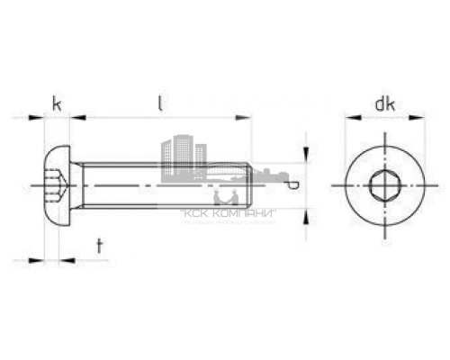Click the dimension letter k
tap(57, 104)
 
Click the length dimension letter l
tap(160, 104)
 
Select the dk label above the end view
tap(385, 104)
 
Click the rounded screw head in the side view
tap(56, 185)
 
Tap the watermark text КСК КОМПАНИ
tap(229, 213)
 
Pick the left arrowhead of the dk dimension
tap(349, 117)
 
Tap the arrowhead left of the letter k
tap(37, 117)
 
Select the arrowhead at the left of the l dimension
tap(77, 117)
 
